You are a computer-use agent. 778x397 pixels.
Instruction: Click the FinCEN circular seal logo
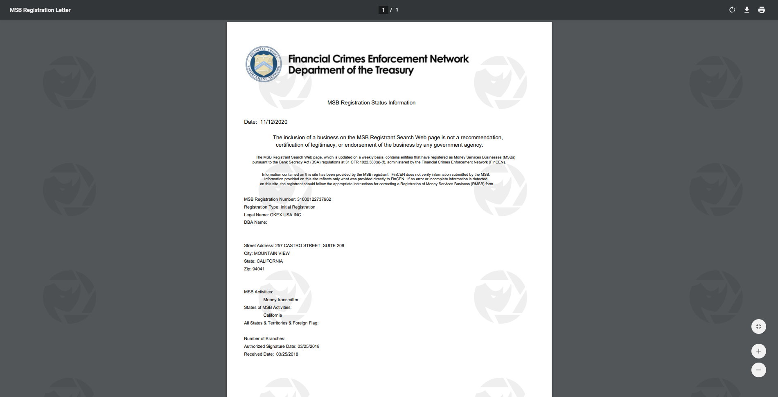[x=264, y=64]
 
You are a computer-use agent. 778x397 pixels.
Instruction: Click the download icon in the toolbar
[x=746, y=10]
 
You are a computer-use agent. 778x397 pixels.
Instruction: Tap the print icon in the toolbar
[x=761, y=10]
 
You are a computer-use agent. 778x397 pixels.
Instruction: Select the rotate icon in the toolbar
[x=732, y=10]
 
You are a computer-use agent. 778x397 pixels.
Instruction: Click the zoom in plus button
[x=758, y=351]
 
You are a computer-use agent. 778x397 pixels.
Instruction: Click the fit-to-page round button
[x=758, y=327]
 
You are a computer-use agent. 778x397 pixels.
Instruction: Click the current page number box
[x=383, y=10]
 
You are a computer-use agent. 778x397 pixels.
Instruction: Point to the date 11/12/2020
[x=274, y=122]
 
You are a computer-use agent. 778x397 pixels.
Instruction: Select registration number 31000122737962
[x=314, y=200]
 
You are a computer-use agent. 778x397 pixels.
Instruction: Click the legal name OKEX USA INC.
[x=286, y=215]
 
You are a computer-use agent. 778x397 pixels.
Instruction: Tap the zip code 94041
[x=258, y=269]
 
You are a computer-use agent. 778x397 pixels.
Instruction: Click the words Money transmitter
[x=281, y=300]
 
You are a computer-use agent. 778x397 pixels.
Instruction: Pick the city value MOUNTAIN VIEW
[x=272, y=254]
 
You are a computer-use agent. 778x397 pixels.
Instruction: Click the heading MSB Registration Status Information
[x=371, y=103]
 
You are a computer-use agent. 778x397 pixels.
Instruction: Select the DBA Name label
[x=255, y=222]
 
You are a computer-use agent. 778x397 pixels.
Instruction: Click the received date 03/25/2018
[x=287, y=354]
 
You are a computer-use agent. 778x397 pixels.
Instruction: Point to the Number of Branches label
[x=264, y=339]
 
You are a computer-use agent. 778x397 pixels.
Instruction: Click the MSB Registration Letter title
[x=40, y=10]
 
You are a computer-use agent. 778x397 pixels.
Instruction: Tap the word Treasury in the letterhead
[x=394, y=70]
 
